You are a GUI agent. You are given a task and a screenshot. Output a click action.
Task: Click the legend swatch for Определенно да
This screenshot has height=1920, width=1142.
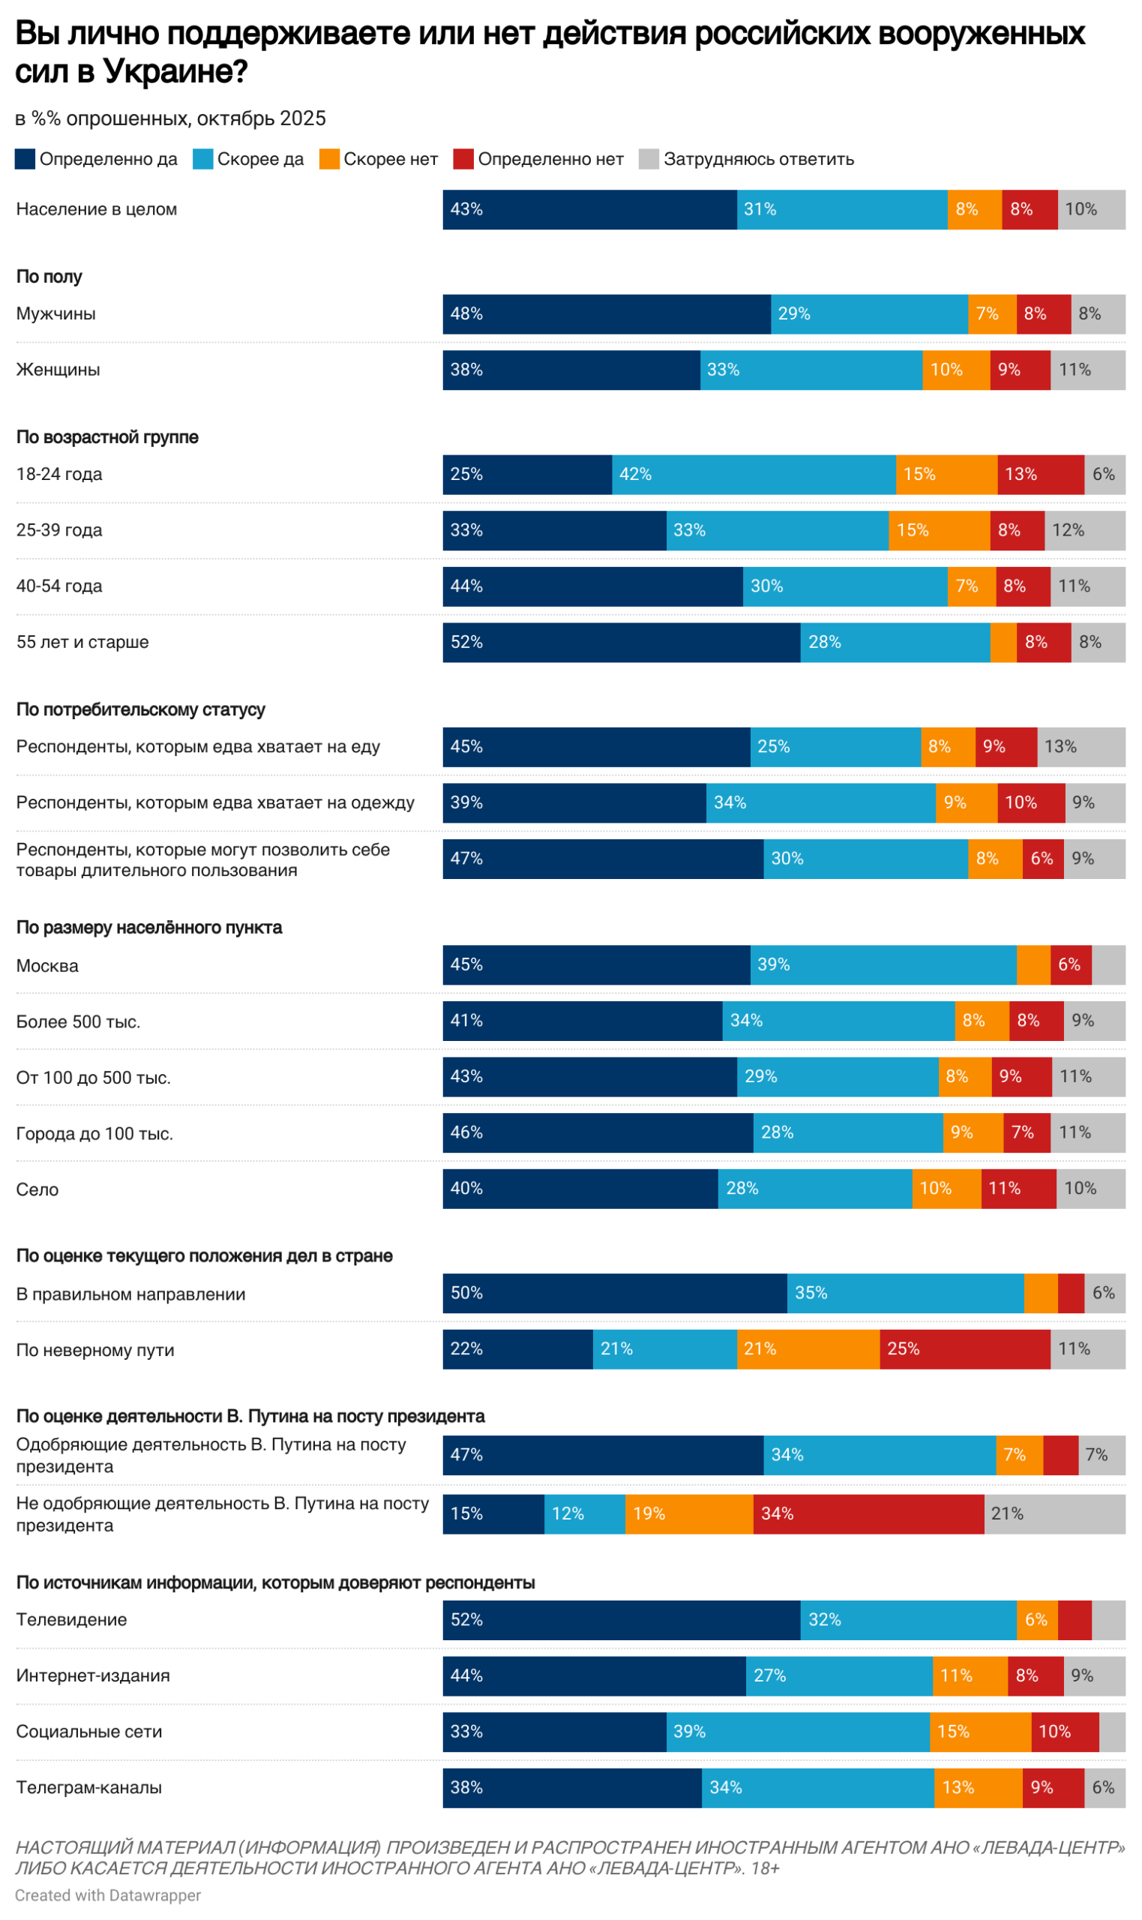coord(25,159)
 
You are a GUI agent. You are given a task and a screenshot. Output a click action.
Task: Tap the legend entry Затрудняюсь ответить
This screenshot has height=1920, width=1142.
coord(758,159)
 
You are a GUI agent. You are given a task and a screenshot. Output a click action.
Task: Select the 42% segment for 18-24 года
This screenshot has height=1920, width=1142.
coord(754,475)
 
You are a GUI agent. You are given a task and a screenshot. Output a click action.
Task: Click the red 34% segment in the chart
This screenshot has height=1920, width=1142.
coord(868,1513)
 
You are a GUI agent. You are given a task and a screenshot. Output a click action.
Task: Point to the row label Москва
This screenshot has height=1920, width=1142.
coord(47,966)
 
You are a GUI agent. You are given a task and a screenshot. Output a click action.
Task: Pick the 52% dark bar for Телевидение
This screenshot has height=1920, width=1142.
coord(621,1620)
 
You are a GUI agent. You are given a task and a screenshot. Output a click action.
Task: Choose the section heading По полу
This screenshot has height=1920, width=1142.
coord(49,277)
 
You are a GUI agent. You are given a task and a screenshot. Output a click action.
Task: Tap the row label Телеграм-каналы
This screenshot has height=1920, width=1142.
coord(88,1788)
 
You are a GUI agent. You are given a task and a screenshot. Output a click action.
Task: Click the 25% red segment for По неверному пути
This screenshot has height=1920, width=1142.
coord(964,1349)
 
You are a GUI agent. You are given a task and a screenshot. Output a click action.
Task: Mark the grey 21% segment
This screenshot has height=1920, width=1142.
coord(1054,1513)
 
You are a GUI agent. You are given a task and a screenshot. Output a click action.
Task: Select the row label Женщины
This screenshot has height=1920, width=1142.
coord(58,370)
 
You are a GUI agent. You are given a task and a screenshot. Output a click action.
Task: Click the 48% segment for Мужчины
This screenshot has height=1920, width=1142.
coord(607,314)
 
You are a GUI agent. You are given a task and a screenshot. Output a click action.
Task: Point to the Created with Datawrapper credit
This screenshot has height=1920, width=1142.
coord(108,1895)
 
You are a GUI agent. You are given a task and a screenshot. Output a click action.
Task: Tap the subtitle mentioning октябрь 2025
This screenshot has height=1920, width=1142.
coord(170,118)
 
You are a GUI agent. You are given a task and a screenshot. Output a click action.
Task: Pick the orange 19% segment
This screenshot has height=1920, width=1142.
coord(689,1513)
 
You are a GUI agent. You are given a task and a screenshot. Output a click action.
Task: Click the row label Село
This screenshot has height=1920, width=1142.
coord(37,1189)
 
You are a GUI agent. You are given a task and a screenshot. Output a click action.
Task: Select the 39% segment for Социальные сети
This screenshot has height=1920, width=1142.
coord(797,1732)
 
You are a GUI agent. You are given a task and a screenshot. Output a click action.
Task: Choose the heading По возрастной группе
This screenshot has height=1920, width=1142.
coord(107,437)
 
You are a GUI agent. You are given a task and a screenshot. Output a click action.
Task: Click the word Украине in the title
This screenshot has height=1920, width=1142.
coord(175,71)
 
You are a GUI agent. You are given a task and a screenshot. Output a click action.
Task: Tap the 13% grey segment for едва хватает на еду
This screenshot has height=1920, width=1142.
coord(1081,747)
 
